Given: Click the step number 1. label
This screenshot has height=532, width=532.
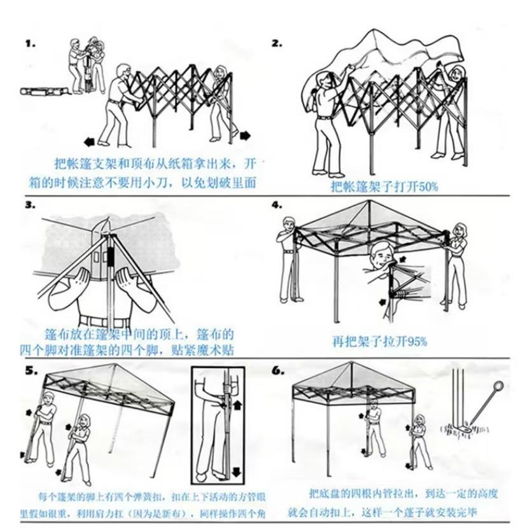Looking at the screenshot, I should pos(30,44).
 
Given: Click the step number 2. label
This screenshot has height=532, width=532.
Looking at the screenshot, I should pos(277,44).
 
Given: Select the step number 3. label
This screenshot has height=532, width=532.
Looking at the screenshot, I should pos(30,205).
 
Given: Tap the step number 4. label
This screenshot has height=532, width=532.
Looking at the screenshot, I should pos(277,205).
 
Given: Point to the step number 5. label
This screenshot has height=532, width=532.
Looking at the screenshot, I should pos(31,370).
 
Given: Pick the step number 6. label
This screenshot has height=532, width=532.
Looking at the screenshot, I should pos(277,370).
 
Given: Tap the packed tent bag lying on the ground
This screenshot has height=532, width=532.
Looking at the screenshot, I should pos(45,91).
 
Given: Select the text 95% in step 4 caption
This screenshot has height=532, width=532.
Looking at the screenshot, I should pos(415,341).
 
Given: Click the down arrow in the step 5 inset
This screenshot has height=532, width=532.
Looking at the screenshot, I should pos(237,471).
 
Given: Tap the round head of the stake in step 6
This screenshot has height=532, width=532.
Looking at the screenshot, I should pos(498,386).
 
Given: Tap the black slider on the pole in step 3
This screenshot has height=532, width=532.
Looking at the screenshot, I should pos(111,258).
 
